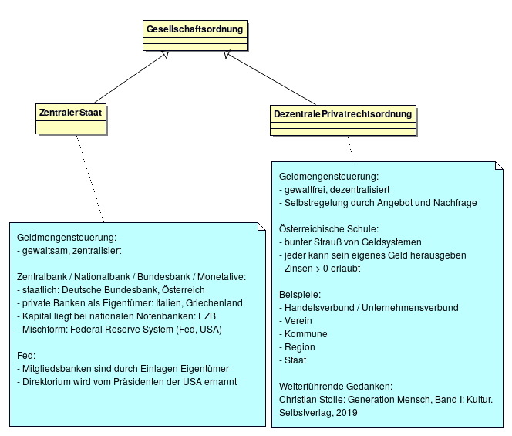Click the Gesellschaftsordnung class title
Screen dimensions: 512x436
tap(194, 29)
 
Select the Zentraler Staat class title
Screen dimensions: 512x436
tap(70, 113)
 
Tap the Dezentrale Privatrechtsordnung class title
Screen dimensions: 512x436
tap(343, 114)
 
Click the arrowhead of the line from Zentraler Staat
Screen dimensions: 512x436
tap(165, 55)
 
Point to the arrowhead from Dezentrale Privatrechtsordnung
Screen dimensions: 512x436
tap(227, 55)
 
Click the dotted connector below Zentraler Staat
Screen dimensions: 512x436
tap(90, 178)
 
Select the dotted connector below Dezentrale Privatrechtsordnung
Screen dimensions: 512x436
tap(350, 149)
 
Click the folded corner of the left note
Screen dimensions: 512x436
tap(261, 227)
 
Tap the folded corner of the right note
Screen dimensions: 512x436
tap(499, 165)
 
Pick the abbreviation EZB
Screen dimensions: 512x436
tap(207, 316)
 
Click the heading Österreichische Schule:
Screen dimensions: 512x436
tap(328, 228)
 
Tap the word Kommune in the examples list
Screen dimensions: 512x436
tap(306, 333)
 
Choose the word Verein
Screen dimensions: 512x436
tap(298, 320)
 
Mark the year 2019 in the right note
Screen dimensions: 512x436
tap(347, 413)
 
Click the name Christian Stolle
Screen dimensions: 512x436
tap(312, 400)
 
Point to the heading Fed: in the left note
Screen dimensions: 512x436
tap(26, 355)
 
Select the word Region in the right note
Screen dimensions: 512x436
tap(300, 347)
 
